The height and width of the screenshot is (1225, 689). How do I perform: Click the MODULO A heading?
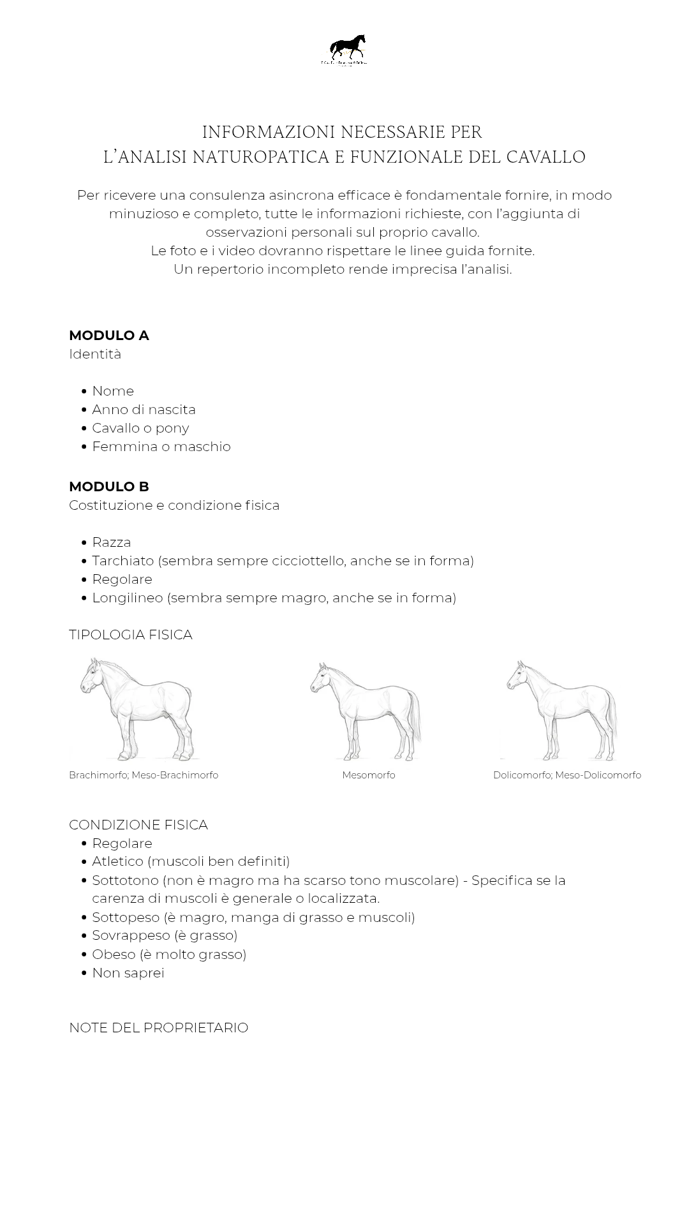point(109,336)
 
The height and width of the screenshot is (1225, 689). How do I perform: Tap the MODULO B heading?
point(109,487)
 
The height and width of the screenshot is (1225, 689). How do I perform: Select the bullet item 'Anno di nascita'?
point(144,410)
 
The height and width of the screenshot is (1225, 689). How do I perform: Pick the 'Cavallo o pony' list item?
point(140,428)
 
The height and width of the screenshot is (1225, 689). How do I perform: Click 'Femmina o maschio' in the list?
point(161,447)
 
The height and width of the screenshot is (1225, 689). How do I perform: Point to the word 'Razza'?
point(112,542)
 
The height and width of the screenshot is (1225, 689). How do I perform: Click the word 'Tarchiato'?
point(123,561)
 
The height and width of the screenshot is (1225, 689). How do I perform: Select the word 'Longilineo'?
point(128,598)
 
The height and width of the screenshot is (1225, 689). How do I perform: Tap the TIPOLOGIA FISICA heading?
point(131,635)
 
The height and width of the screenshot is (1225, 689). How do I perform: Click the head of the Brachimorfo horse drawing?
point(91,678)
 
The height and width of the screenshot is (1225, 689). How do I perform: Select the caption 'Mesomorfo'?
point(369,775)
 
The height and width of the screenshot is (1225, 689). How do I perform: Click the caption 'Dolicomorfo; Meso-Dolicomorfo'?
point(567,775)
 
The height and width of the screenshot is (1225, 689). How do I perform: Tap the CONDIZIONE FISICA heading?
point(138,825)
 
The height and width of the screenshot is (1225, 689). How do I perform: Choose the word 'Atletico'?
point(118,861)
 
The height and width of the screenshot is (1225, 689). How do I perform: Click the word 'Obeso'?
point(114,954)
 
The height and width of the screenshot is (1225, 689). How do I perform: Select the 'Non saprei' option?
point(128,973)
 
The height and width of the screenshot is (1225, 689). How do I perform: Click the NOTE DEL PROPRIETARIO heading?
point(159,1028)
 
